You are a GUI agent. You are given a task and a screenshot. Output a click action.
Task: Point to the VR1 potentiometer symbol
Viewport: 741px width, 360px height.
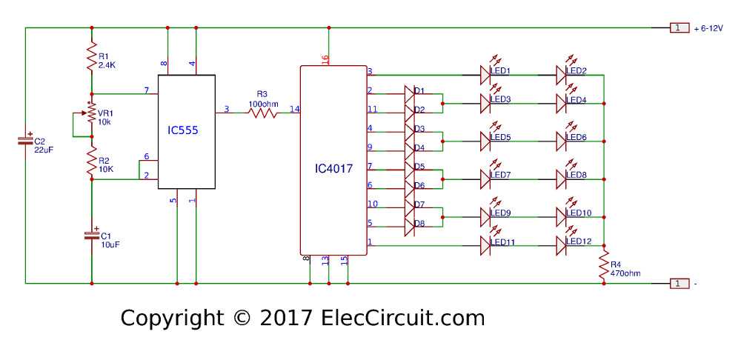[x=91, y=113]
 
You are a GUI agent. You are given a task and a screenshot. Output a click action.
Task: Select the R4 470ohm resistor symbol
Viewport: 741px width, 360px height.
[x=604, y=264]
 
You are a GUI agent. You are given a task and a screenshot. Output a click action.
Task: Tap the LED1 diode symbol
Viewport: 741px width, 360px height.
[x=486, y=75]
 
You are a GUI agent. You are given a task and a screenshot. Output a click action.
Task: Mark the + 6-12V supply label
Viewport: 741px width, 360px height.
[x=708, y=28]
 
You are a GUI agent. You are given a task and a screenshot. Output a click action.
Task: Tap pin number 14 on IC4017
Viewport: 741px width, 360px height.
[x=295, y=110]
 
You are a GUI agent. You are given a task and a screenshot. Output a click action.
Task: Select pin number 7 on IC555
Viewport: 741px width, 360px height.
[x=147, y=90]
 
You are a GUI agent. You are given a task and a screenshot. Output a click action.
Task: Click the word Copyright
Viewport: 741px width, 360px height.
[x=171, y=319]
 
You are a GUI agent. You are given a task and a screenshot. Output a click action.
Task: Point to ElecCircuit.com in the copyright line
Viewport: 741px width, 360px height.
[x=403, y=319]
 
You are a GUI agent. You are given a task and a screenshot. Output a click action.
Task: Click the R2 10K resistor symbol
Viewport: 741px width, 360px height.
[x=92, y=160]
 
